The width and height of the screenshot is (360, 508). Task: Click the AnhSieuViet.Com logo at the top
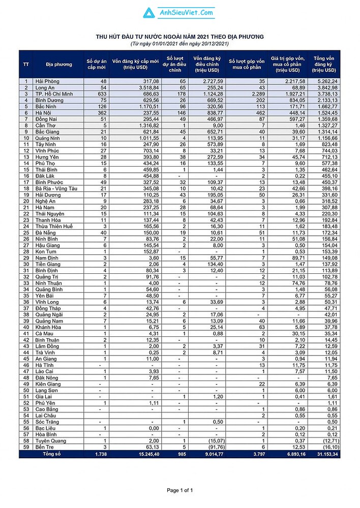click(179, 13)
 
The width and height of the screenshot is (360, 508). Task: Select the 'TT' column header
click(26, 65)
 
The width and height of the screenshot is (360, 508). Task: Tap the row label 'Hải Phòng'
click(46, 81)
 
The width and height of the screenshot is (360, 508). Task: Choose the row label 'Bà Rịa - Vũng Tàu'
click(56, 188)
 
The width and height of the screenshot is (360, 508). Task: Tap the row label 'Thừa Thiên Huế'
click(54, 226)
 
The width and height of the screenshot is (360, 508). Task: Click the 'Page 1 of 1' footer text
click(180, 490)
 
